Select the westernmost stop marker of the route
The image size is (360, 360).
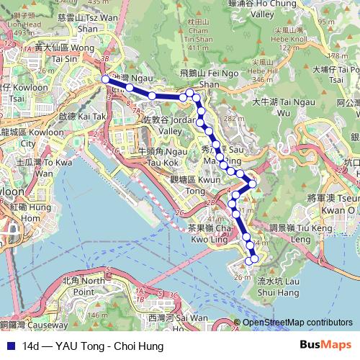tap(105, 79)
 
